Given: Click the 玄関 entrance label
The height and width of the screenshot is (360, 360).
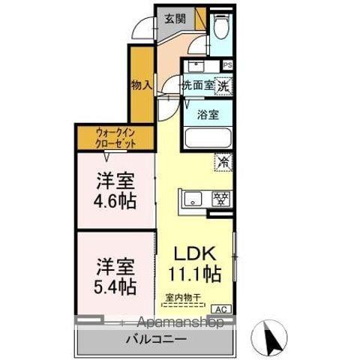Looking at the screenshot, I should [175, 18].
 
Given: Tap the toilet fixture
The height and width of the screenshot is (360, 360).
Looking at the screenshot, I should [220, 28].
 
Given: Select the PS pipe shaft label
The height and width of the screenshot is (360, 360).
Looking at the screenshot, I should [227, 65].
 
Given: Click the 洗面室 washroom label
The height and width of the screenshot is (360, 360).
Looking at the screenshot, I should [198, 86].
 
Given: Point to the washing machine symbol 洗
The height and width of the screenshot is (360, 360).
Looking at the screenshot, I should [223, 86].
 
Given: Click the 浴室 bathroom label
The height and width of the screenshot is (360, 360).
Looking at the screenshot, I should [208, 115].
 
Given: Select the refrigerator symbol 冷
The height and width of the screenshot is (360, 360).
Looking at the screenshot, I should [223, 160].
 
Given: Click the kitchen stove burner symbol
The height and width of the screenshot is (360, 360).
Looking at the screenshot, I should [220, 199].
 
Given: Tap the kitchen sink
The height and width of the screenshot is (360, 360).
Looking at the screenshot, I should [192, 199].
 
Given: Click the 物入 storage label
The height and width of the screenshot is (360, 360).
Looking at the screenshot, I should [141, 84].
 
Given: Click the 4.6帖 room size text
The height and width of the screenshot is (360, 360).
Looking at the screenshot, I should [115, 200].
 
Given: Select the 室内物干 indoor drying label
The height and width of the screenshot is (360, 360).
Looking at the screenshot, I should [183, 298].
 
